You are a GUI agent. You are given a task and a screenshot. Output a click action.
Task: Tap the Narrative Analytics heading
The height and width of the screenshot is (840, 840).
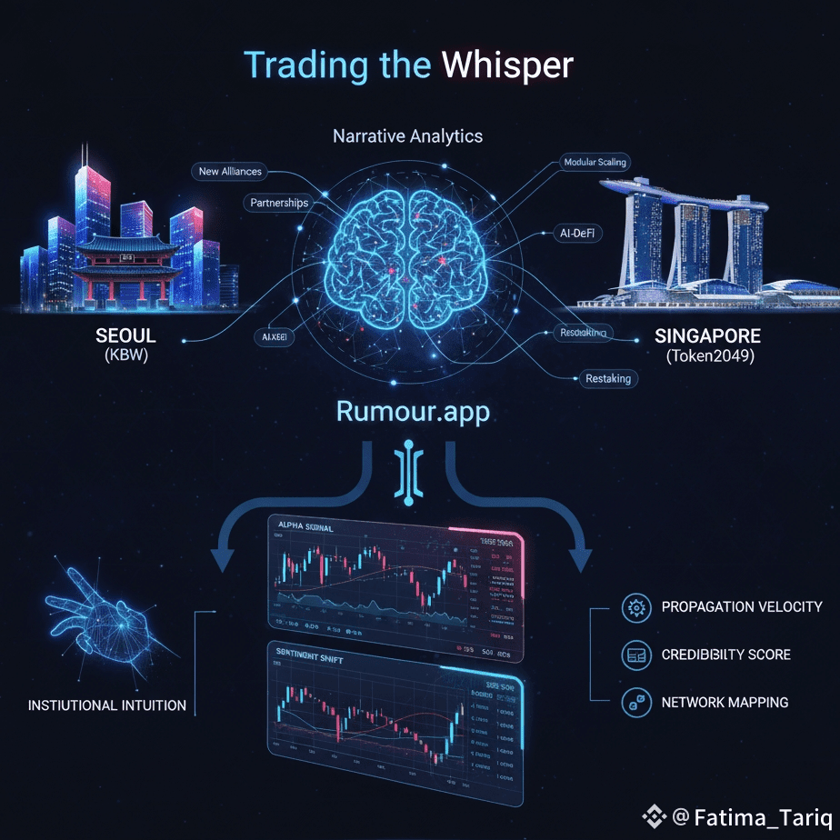[x=407, y=137]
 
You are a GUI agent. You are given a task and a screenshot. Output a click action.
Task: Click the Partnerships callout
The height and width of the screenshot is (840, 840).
[x=279, y=203]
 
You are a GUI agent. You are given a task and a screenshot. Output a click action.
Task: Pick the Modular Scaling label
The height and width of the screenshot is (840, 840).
[x=595, y=163]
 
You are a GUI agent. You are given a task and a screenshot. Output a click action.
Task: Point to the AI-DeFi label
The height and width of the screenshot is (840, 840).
[x=578, y=233]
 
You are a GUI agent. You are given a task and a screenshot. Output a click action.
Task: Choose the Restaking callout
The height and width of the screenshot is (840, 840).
[x=608, y=378]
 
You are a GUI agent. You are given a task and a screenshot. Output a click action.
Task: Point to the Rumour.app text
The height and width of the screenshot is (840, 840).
[x=413, y=411]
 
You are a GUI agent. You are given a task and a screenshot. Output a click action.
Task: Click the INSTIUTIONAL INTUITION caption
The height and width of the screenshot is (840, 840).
[x=107, y=705]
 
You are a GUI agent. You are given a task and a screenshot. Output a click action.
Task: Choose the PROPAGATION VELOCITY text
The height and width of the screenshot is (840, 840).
[x=742, y=606]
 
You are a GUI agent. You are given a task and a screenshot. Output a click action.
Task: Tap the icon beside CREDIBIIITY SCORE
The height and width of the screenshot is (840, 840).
[x=635, y=655]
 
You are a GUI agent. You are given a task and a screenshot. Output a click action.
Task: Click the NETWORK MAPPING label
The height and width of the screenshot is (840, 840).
[x=725, y=702]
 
